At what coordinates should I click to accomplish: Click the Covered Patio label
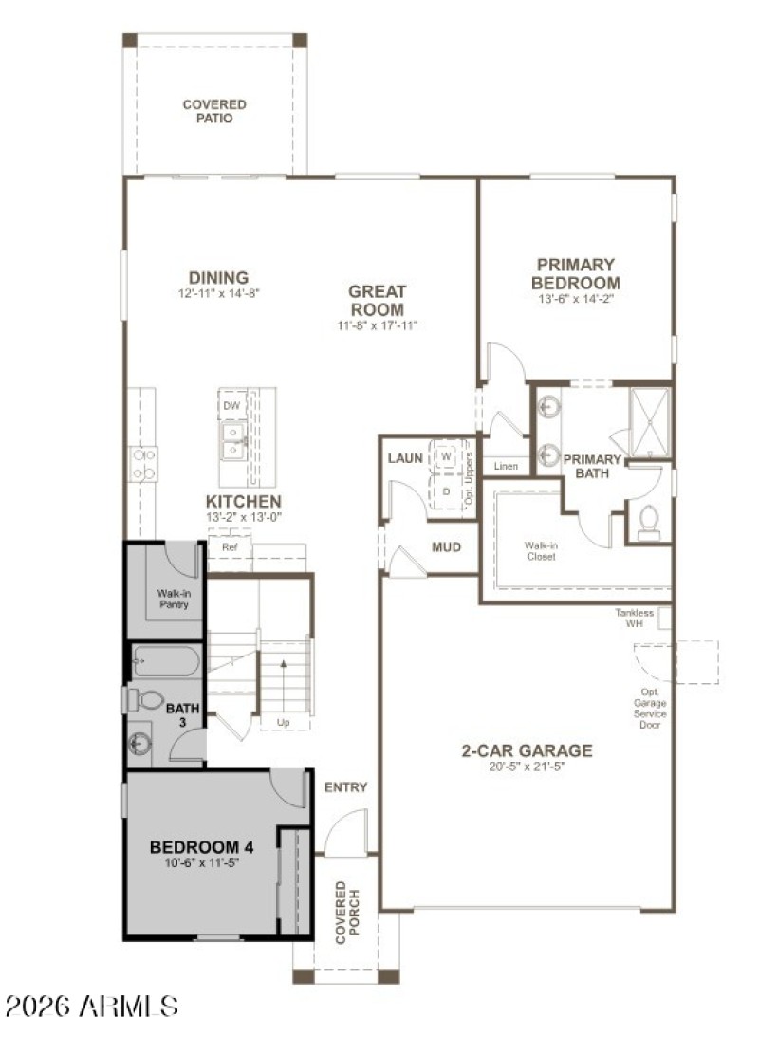click(x=214, y=111)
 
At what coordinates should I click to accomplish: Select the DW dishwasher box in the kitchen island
click(x=231, y=406)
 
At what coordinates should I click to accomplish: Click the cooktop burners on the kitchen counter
click(x=143, y=465)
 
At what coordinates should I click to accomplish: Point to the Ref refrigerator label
click(x=229, y=547)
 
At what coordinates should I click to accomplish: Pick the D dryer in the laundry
click(x=446, y=492)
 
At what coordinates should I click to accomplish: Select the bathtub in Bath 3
click(x=165, y=660)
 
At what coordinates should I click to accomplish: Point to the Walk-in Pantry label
click(x=174, y=598)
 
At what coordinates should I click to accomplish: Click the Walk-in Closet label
click(x=540, y=551)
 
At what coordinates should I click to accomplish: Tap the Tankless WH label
click(x=634, y=618)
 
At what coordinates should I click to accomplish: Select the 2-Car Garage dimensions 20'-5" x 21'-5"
click(x=527, y=767)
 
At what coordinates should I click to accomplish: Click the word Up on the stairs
click(x=283, y=722)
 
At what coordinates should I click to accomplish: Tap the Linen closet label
click(x=505, y=466)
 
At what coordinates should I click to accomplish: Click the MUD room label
click(x=446, y=547)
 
